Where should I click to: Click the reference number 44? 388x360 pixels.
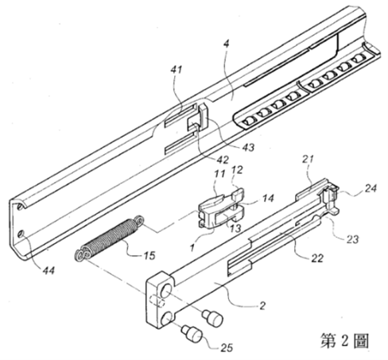coord(48,271)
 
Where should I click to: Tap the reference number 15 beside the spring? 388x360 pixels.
coord(149,255)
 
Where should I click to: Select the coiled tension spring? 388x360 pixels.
coord(110,238)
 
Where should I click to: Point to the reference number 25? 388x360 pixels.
coord(227,347)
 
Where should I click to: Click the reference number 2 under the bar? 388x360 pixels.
coord(262,306)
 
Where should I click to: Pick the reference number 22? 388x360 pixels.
coord(317,257)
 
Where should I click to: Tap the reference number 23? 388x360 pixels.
coord(352,239)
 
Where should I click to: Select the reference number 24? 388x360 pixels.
coord(371,188)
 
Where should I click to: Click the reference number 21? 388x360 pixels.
coord(308,159)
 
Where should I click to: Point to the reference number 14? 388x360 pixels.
coord(268,199)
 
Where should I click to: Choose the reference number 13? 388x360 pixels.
coord(235,227)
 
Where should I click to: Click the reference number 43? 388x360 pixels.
coord(248,147)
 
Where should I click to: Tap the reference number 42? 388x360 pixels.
coord(222,160)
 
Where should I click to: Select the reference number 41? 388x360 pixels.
coord(177,70)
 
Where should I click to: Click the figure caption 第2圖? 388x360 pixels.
coord(344,341)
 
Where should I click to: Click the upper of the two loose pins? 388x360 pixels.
coord(212,318)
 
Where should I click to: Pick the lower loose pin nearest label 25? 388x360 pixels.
coord(192,334)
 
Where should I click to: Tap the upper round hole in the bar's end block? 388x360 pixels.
coord(167,290)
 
